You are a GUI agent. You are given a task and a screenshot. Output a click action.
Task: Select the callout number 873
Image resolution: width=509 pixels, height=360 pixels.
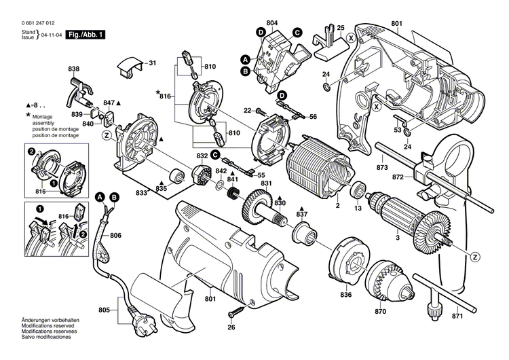point(383,166)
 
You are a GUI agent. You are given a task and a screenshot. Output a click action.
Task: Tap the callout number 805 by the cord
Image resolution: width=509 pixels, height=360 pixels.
point(102,291)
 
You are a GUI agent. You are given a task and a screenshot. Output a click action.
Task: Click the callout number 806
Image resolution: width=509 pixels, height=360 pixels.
point(115,235)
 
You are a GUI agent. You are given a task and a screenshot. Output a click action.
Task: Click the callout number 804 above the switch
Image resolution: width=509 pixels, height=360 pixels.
point(273,23)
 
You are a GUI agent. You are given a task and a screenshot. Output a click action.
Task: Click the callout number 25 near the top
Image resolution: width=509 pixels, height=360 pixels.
point(341,27)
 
